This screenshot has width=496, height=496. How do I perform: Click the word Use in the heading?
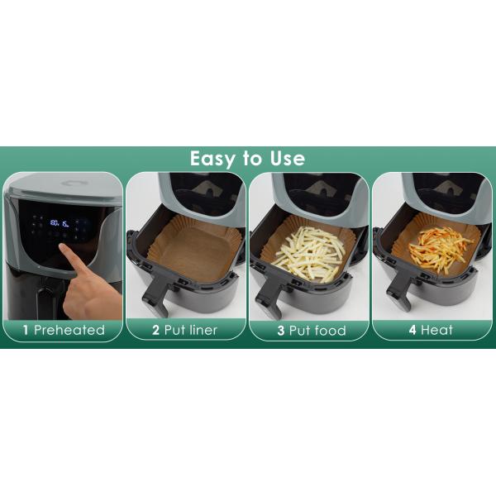point(286,159)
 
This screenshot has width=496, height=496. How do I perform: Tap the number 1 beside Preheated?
point(26,330)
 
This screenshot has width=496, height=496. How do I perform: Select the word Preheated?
point(69,330)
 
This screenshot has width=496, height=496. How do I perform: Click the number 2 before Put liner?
point(155,330)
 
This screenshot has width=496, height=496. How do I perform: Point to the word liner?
point(203,330)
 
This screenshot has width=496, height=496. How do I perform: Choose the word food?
point(328,330)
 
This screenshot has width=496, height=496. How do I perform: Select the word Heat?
point(437,330)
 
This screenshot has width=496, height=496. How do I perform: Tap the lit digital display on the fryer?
point(60,222)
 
